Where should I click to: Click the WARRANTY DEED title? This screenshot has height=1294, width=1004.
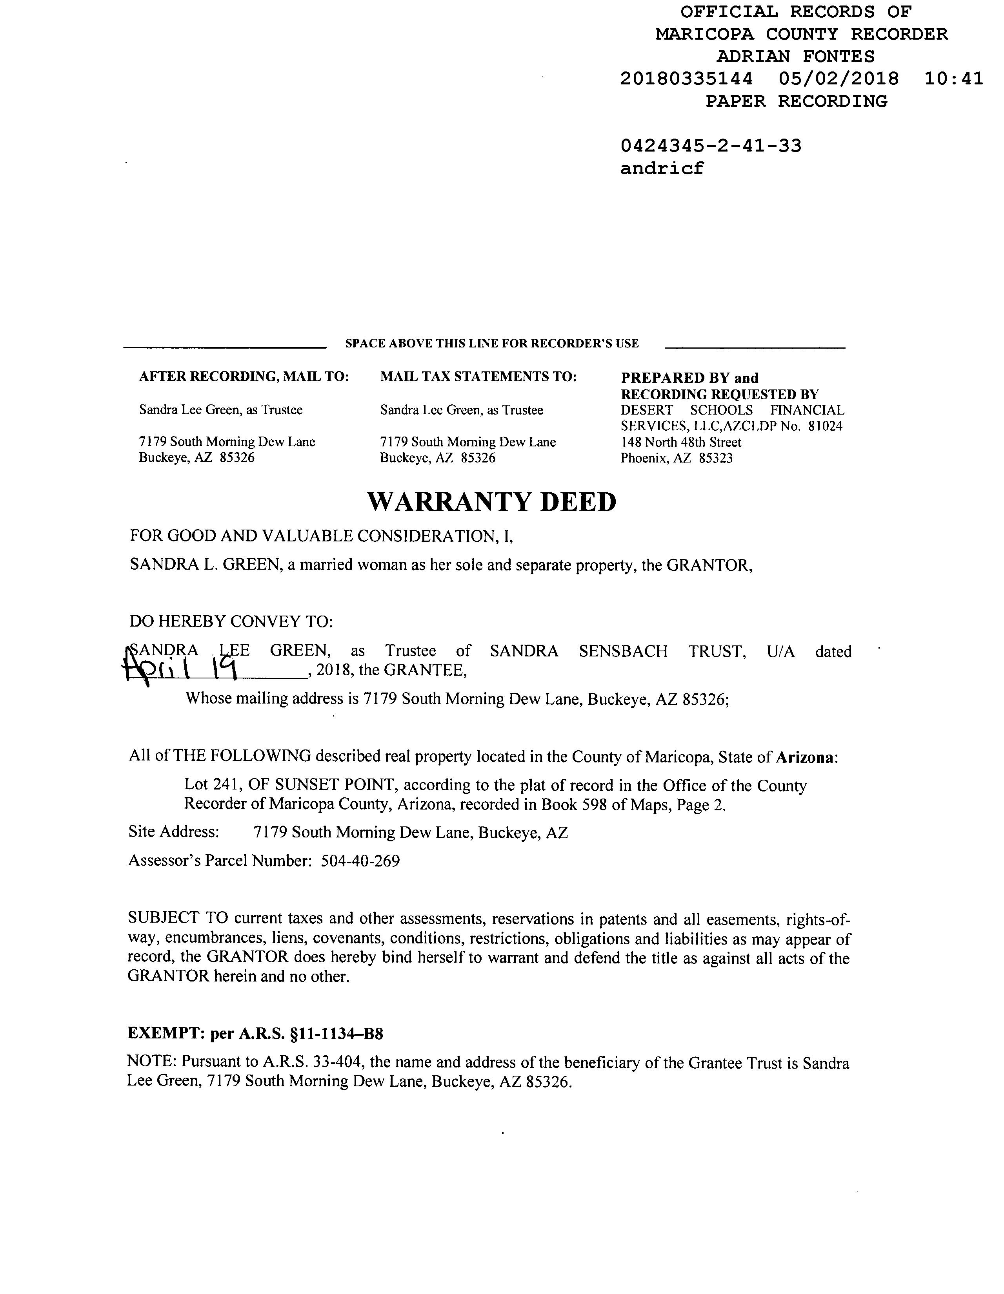click(x=491, y=502)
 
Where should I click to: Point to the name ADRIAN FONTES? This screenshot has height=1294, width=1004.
click(x=795, y=56)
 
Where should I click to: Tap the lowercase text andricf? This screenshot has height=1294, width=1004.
click(x=662, y=169)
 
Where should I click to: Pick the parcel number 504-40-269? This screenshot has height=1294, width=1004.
click(x=360, y=860)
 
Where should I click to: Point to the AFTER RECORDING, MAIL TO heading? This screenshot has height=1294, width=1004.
click(x=243, y=377)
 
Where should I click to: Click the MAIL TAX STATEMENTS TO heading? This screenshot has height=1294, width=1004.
click(x=478, y=377)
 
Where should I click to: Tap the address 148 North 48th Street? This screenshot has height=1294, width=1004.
click(x=681, y=442)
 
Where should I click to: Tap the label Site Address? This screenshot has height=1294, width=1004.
click(x=173, y=832)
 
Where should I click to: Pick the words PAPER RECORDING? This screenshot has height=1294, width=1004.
click(x=796, y=101)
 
